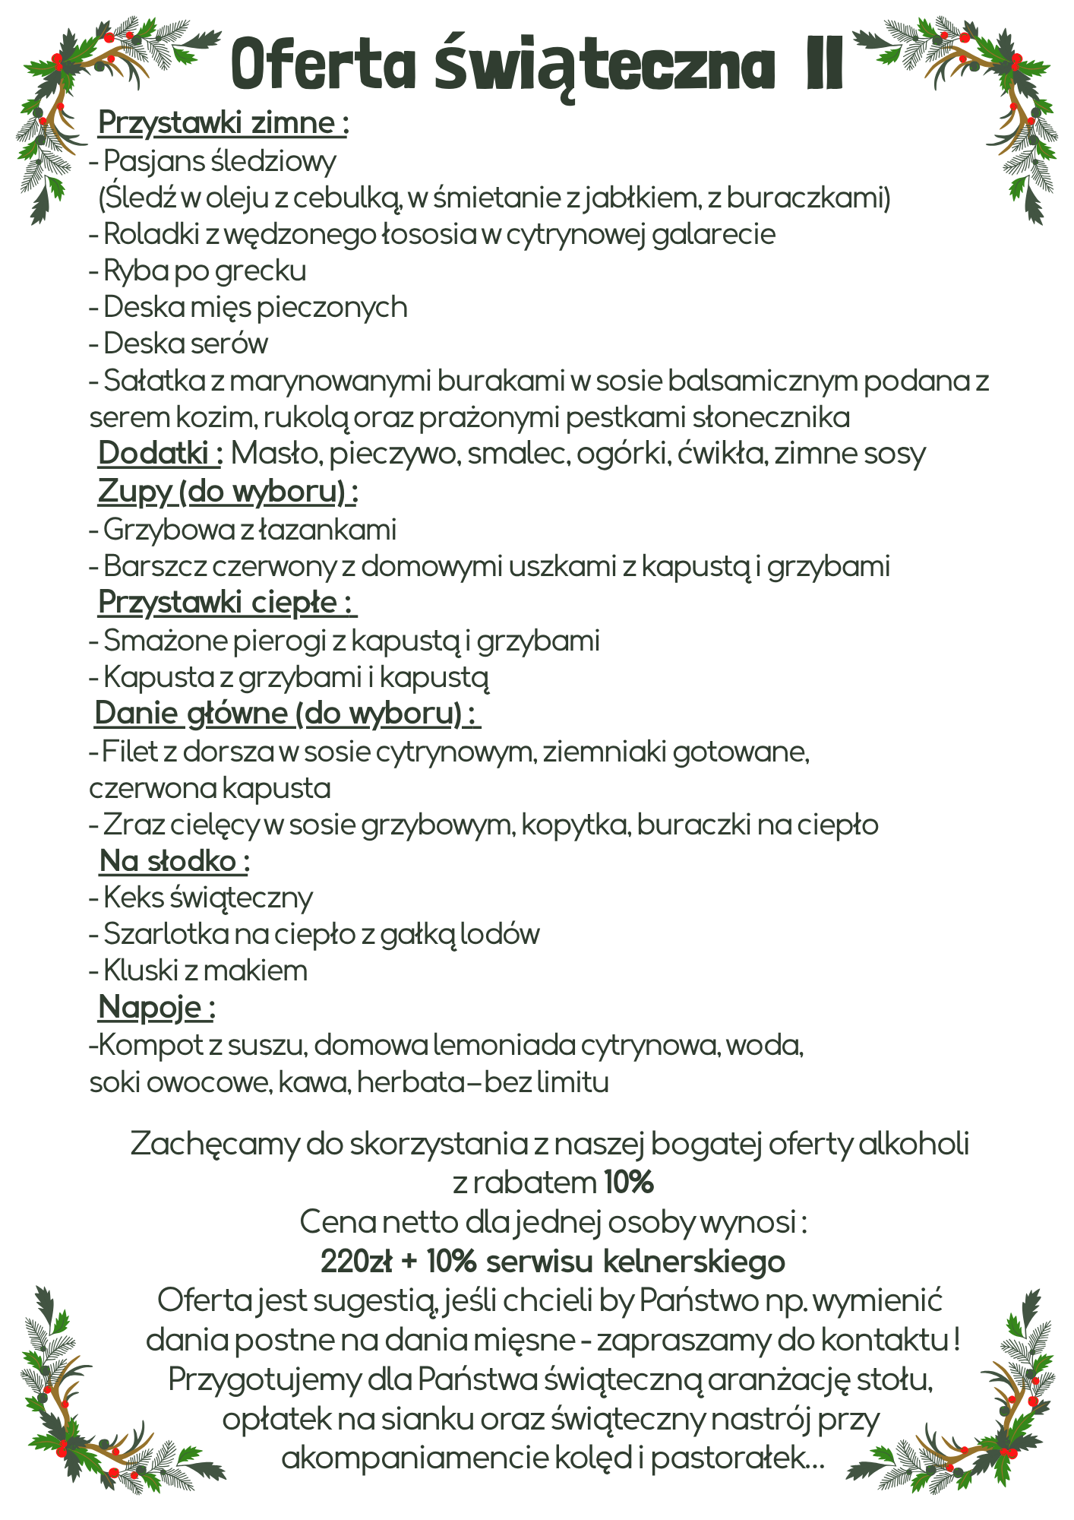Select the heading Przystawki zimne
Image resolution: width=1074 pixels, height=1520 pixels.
coord(223,123)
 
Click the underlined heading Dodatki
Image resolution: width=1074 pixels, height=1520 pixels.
coord(160,454)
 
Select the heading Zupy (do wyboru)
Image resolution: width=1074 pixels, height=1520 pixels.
coord(227,492)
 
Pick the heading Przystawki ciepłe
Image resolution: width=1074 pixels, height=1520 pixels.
coord(226,603)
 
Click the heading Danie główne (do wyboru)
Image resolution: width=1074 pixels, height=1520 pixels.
coord(287,714)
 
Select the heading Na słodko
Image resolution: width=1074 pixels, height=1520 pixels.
coord(174,861)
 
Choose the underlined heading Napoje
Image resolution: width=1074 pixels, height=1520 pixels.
coord(156,1008)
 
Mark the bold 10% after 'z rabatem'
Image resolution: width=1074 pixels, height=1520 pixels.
coord(629,1183)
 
